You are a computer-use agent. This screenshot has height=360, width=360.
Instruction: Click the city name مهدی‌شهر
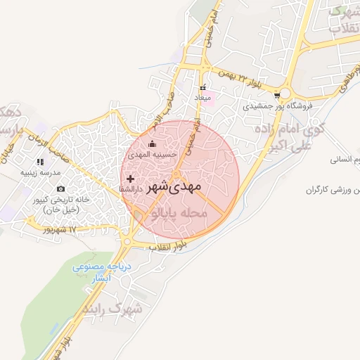point(175,186)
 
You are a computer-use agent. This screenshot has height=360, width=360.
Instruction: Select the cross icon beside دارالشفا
point(129,179)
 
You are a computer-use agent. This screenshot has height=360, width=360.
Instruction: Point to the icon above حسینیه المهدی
point(153,145)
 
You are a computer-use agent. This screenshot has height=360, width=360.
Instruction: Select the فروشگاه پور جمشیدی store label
point(277,108)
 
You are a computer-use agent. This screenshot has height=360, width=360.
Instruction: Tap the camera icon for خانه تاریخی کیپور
point(60,188)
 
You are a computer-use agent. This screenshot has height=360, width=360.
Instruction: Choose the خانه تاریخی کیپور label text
point(60,205)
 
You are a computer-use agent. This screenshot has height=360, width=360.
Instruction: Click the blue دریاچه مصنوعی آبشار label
point(98,272)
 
